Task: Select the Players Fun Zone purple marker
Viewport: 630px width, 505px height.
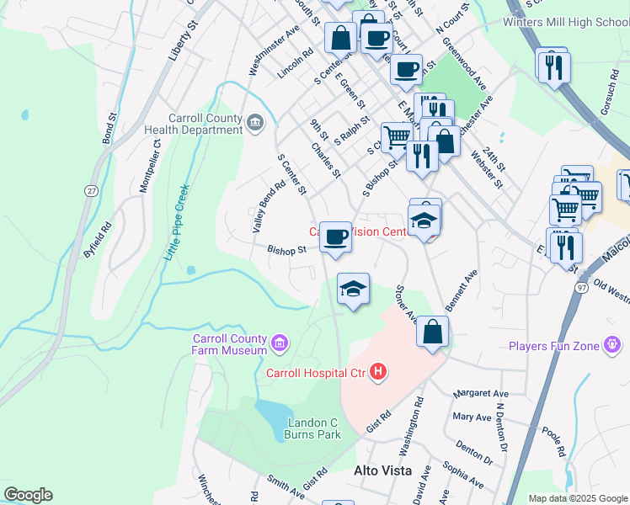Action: tap(612, 345)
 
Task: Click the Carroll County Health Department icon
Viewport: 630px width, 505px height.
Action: tap(254, 125)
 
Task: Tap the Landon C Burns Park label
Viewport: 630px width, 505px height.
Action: tap(313, 428)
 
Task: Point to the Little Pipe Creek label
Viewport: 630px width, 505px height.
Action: tap(176, 222)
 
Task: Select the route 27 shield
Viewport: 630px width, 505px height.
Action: tap(90, 191)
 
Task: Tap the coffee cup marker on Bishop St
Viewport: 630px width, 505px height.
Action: tap(335, 237)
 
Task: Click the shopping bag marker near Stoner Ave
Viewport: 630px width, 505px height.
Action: tap(432, 332)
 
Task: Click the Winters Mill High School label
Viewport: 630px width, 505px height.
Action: tap(565, 22)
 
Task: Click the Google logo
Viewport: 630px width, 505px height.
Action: tap(28, 495)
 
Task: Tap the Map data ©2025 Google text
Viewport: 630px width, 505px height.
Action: tap(577, 498)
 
